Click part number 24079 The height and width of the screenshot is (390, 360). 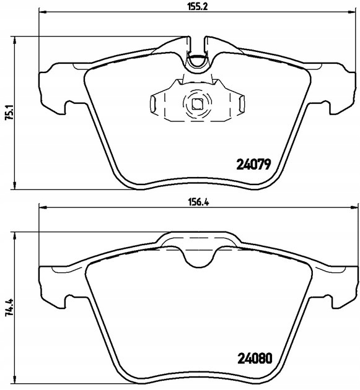pos(255,165)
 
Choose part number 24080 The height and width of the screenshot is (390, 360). pos(255,360)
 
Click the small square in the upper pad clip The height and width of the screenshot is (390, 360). pos(198,103)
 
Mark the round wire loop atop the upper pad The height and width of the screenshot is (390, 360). pos(198,59)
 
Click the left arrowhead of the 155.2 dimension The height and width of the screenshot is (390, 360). pos(43,12)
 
